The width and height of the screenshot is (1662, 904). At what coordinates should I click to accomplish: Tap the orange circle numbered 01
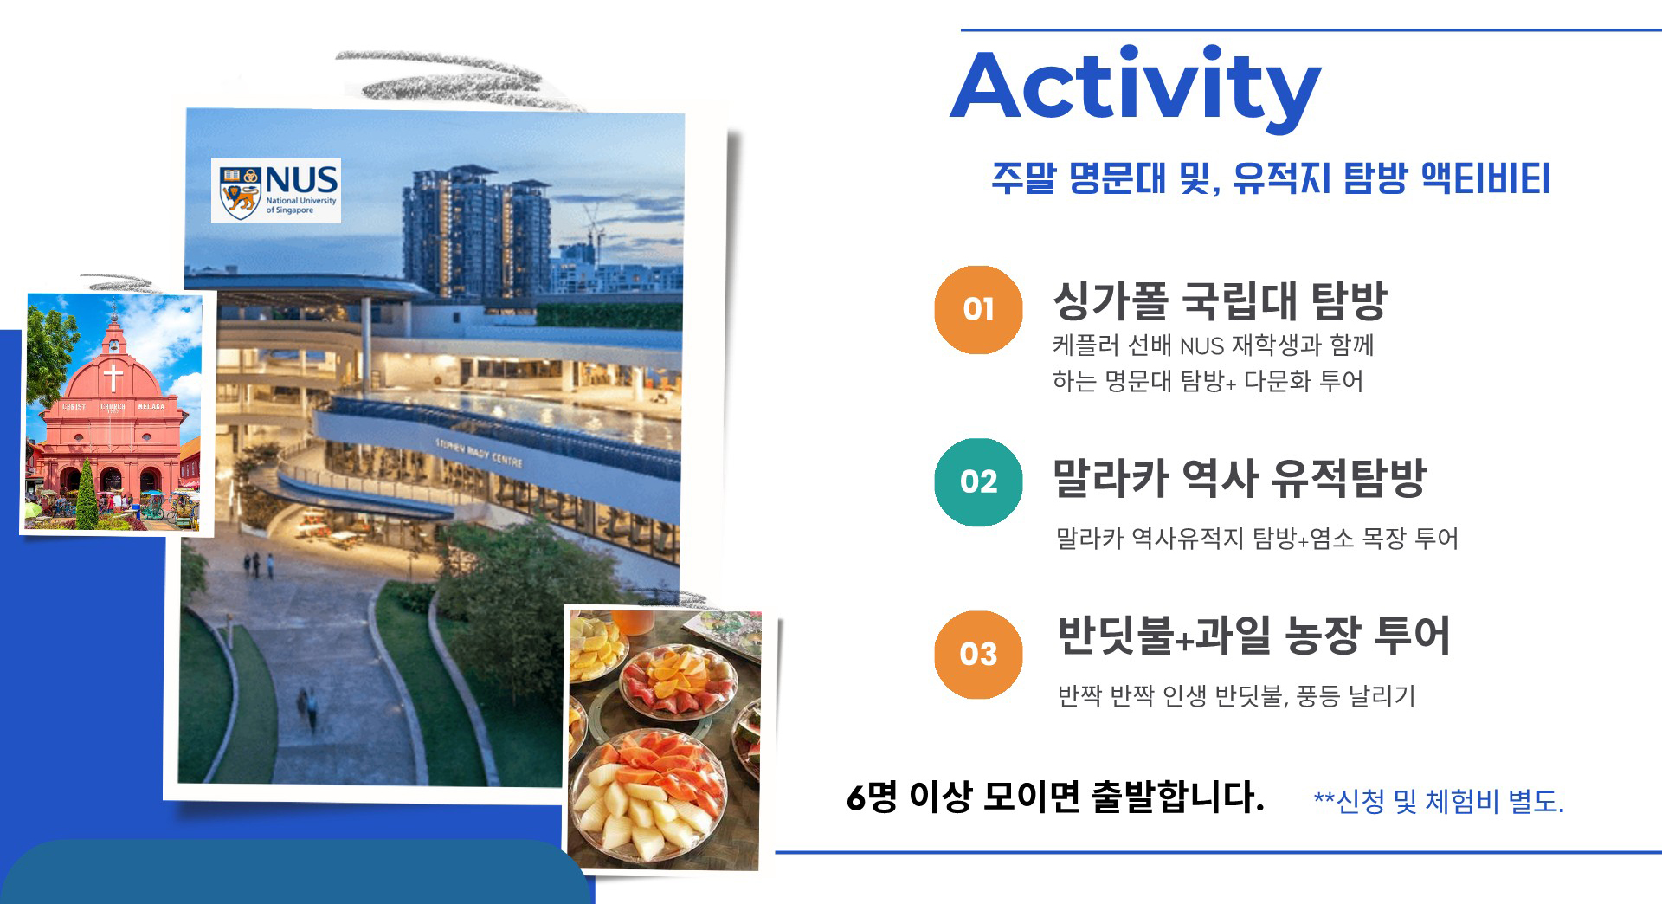(x=978, y=309)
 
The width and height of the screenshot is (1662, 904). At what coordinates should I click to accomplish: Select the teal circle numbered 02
(x=978, y=481)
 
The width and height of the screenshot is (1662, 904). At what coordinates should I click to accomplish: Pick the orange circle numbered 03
(x=978, y=654)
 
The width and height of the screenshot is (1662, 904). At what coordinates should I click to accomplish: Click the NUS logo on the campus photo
(x=276, y=190)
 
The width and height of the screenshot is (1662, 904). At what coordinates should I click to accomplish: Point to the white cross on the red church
(x=113, y=378)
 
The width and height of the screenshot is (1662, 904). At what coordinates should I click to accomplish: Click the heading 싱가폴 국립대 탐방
(x=1220, y=300)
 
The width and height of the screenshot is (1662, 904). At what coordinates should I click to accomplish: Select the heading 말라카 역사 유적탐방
(x=1239, y=477)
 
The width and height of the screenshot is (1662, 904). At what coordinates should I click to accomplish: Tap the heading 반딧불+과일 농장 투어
(x=1253, y=636)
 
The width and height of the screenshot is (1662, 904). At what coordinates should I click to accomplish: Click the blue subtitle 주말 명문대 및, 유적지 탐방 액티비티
(x=1271, y=178)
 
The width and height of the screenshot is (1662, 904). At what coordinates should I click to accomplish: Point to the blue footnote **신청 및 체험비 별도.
(x=1439, y=801)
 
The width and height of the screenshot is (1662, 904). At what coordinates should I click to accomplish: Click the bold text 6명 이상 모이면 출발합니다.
(x=1055, y=797)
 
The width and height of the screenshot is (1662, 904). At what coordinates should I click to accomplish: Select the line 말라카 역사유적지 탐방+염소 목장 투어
(x=1257, y=539)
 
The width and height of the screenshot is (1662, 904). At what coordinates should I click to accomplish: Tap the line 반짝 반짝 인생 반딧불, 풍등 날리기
(x=1236, y=695)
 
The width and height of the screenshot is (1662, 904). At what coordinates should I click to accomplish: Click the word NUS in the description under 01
(x=1201, y=346)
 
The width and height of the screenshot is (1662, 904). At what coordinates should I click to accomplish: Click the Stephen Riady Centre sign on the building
(x=479, y=452)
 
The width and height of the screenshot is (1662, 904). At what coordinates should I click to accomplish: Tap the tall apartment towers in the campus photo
(x=476, y=229)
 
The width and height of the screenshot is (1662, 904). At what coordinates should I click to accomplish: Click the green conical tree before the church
(x=87, y=494)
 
